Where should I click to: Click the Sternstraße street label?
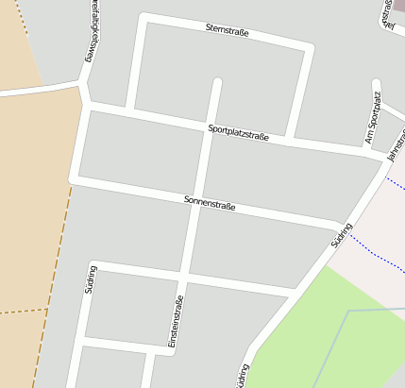tap(228, 30)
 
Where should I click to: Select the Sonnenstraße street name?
tap(210, 202)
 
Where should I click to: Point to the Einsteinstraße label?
tap(175, 324)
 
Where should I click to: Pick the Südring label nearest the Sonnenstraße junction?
tap(342, 235)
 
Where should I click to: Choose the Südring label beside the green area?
tap(245, 375)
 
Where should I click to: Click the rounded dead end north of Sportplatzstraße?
tap(217, 83)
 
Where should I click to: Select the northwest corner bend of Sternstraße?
tap(143, 18)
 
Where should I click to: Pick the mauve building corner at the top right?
tap(399, 6)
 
